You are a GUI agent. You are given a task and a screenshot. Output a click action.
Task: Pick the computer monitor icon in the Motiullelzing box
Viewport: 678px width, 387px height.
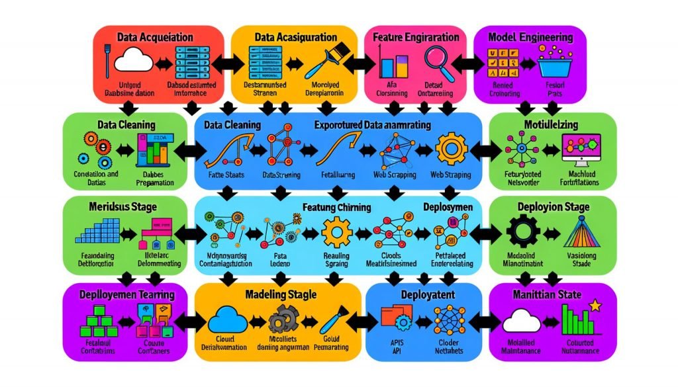click(580, 148)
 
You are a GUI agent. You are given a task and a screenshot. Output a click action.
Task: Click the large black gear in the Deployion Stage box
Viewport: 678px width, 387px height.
click(521, 232)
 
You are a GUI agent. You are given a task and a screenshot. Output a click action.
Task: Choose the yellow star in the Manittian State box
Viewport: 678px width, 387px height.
click(595, 306)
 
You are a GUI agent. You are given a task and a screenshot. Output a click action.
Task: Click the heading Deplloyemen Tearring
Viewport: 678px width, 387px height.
click(127, 293)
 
